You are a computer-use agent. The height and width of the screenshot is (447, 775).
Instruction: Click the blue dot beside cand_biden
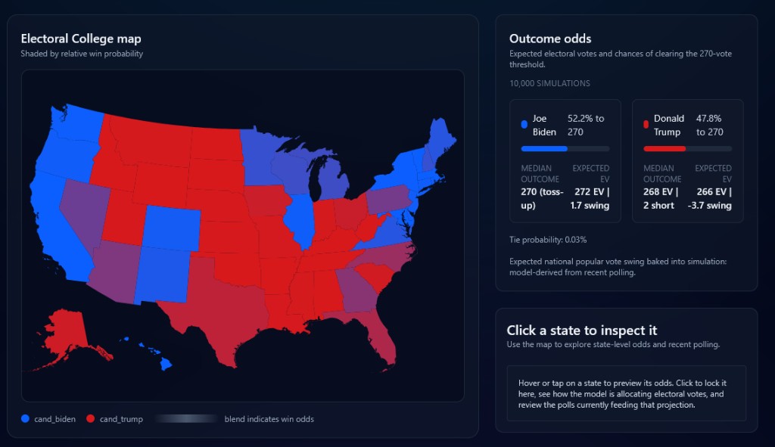pos(25,419)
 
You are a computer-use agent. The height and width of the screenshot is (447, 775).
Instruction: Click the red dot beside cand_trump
pos(90,419)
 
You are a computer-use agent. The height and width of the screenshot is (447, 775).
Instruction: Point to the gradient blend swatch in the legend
pos(185,419)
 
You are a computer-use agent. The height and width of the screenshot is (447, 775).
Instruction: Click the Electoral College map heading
pos(81,39)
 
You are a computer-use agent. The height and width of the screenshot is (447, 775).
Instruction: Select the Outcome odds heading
pos(550,39)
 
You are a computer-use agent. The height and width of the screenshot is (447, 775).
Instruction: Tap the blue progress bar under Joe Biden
pos(544,149)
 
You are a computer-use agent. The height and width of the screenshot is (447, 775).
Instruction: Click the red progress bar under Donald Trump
pos(664,149)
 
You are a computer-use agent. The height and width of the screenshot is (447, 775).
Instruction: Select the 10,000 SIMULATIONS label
pos(549,83)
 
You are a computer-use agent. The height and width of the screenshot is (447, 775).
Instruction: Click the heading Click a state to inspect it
pos(581,331)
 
